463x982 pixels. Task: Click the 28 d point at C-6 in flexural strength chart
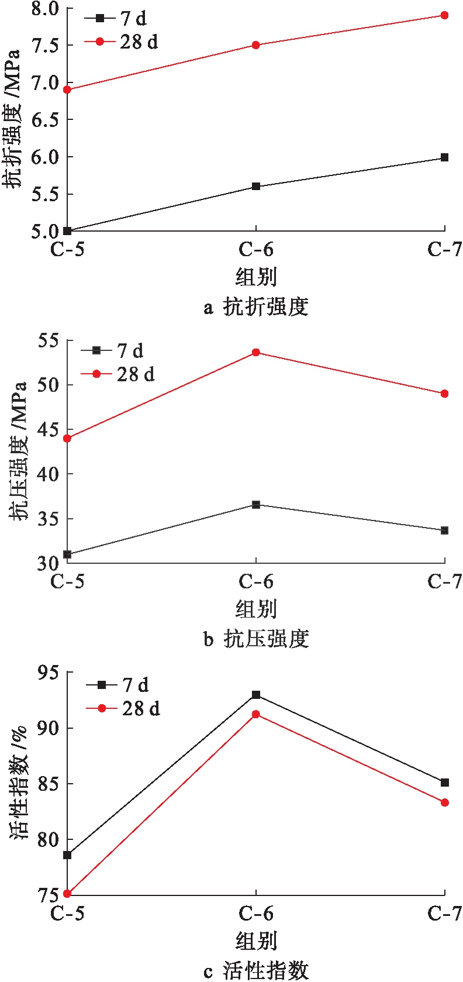[256, 45]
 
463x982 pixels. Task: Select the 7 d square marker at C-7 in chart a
[445, 157]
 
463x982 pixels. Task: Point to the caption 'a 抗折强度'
[255, 307]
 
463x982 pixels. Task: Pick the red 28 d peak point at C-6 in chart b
[256, 353]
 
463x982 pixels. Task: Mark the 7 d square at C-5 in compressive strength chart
[67, 554]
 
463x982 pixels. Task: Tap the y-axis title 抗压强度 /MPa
[19, 451]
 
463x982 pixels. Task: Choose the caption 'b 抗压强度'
[255, 639]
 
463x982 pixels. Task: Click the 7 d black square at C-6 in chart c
[256, 695]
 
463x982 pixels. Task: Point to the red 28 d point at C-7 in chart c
[445, 802]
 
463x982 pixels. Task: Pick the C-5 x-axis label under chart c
[67, 914]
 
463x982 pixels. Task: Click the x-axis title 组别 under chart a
[256, 277]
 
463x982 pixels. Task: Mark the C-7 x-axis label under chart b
[445, 581]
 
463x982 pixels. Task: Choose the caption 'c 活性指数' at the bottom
[255, 971]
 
